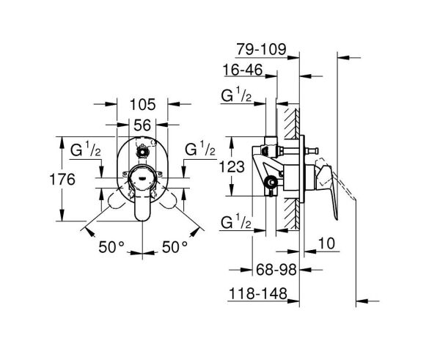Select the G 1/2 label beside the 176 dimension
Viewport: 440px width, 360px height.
(x=86, y=151)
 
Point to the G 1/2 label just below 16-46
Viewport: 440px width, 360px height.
(x=237, y=95)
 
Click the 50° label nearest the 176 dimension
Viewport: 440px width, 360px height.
(x=111, y=247)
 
